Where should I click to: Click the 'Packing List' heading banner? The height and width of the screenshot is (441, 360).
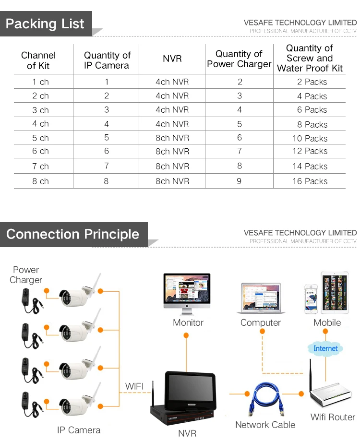(x=45, y=24)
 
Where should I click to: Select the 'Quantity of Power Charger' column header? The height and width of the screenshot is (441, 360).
(x=239, y=59)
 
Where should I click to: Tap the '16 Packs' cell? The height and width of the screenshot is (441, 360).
(x=310, y=181)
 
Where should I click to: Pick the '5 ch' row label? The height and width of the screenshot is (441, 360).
(x=41, y=138)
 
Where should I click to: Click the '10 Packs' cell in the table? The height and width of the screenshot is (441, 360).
(x=310, y=138)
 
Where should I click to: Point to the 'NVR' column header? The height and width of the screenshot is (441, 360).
(x=172, y=59)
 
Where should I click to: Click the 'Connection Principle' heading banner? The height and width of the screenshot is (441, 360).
(x=72, y=235)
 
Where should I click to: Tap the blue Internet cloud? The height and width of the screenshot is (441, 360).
(x=325, y=348)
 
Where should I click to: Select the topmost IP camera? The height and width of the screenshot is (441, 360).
(x=77, y=294)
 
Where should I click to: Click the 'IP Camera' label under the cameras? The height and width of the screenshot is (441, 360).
(x=78, y=429)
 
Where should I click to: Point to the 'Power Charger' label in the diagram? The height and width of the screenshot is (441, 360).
(x=26, y=275)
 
